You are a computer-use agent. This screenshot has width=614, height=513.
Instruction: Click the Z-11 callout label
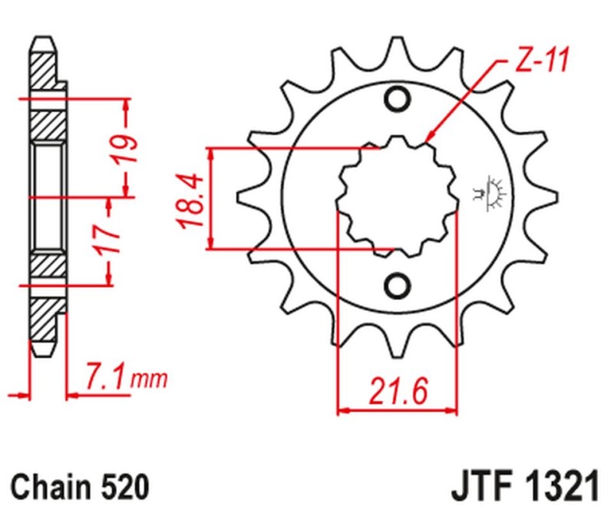pos(540,62)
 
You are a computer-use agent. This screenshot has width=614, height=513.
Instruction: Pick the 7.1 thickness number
pos(105,379)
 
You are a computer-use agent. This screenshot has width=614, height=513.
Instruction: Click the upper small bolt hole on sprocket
pos(398,101)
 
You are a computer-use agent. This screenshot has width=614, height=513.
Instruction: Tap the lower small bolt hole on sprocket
pos(398,286)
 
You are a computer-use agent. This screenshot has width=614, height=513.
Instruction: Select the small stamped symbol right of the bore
pos(488,192)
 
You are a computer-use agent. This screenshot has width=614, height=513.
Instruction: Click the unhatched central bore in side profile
pos(48,196)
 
